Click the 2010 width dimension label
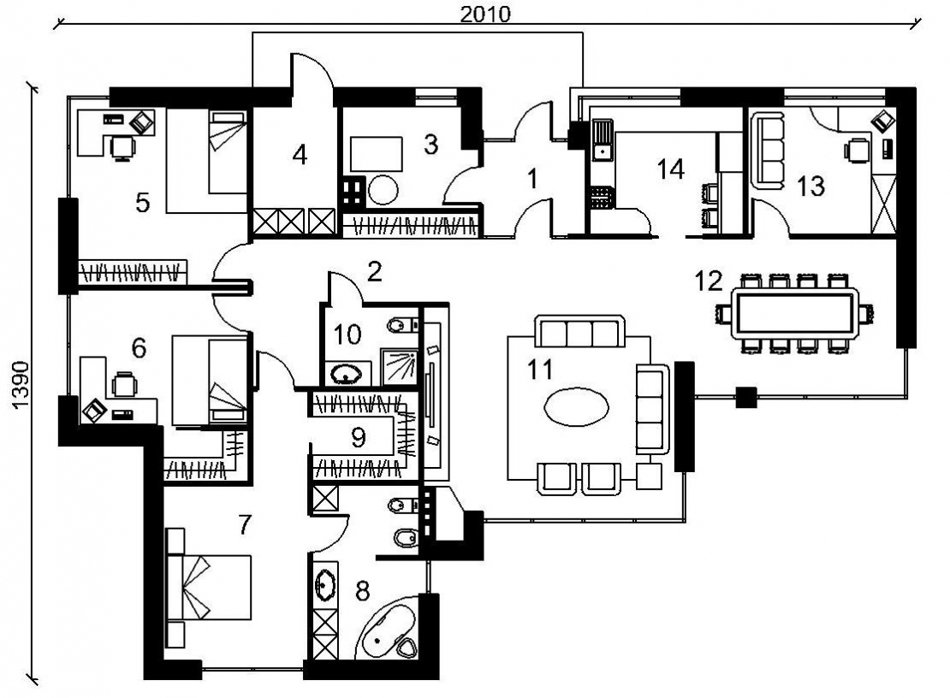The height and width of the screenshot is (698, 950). coord(484,14)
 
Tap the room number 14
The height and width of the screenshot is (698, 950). coord(671,169)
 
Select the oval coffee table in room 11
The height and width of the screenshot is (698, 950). coord(576,407)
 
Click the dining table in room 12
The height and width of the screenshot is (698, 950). coord(794,314)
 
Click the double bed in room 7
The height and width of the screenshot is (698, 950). coord(209,587)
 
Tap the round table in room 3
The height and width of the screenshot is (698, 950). coord(383,190)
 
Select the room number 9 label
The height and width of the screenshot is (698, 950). coord(358,437)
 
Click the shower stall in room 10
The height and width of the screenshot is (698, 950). coord(400,366)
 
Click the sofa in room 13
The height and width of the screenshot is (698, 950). coord(768,151)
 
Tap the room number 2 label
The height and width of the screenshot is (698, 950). coord(374,272)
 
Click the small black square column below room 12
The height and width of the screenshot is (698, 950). coord(746,397)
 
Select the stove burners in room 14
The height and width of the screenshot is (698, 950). coord(602,197)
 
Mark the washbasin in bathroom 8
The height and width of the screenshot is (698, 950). coord(325,583)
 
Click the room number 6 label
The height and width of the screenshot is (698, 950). coord(139,348)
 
